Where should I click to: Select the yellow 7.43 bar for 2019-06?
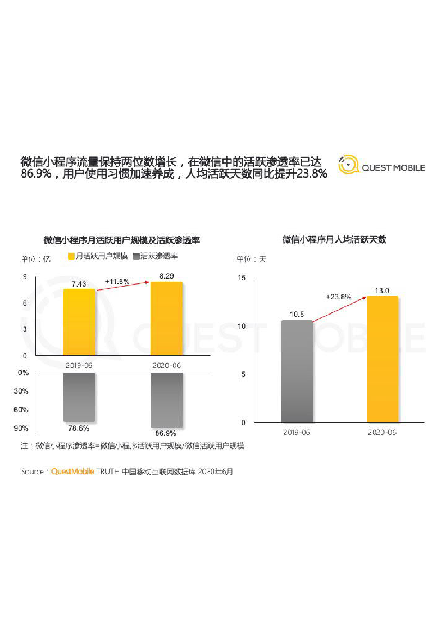[79, 322]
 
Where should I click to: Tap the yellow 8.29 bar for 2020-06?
[166, 319]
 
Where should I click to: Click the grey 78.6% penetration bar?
[79, 397]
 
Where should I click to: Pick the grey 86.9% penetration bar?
[166, 400]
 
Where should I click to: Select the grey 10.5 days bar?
[297, 371]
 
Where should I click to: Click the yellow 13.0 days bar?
[382, 359]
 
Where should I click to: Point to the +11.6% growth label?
[117, 281]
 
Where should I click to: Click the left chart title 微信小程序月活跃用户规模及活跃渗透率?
[122, 240]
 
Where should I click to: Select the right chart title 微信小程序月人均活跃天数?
[334, 239]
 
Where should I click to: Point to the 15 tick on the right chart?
[242, 278]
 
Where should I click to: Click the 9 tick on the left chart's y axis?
[25, 276]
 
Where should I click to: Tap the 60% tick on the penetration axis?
[21, 410]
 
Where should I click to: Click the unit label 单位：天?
[251, 259]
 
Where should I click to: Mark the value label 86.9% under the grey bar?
[166, 433]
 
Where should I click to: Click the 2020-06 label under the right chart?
[382, 433]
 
